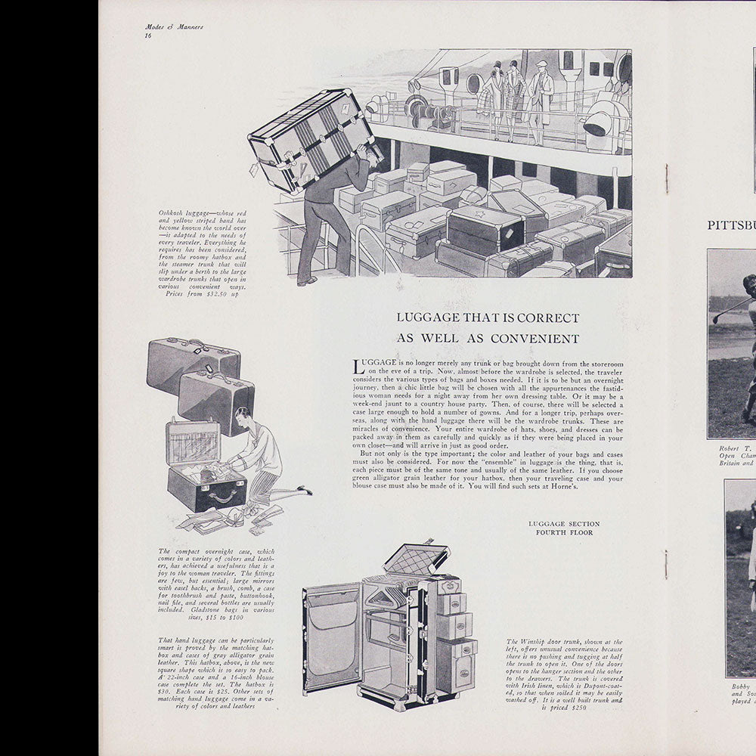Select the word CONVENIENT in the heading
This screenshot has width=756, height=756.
pyautogui.click(x=541, y=339)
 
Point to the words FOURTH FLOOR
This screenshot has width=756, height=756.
pyautogui.click(x=564, y=532)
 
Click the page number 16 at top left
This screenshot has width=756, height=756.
pyautogui.click(x=148, y=36)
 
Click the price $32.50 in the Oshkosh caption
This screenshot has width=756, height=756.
pyautogui.click(x=215, y=293)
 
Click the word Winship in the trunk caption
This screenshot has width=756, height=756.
pyautogui.click(x=537, y=642)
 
